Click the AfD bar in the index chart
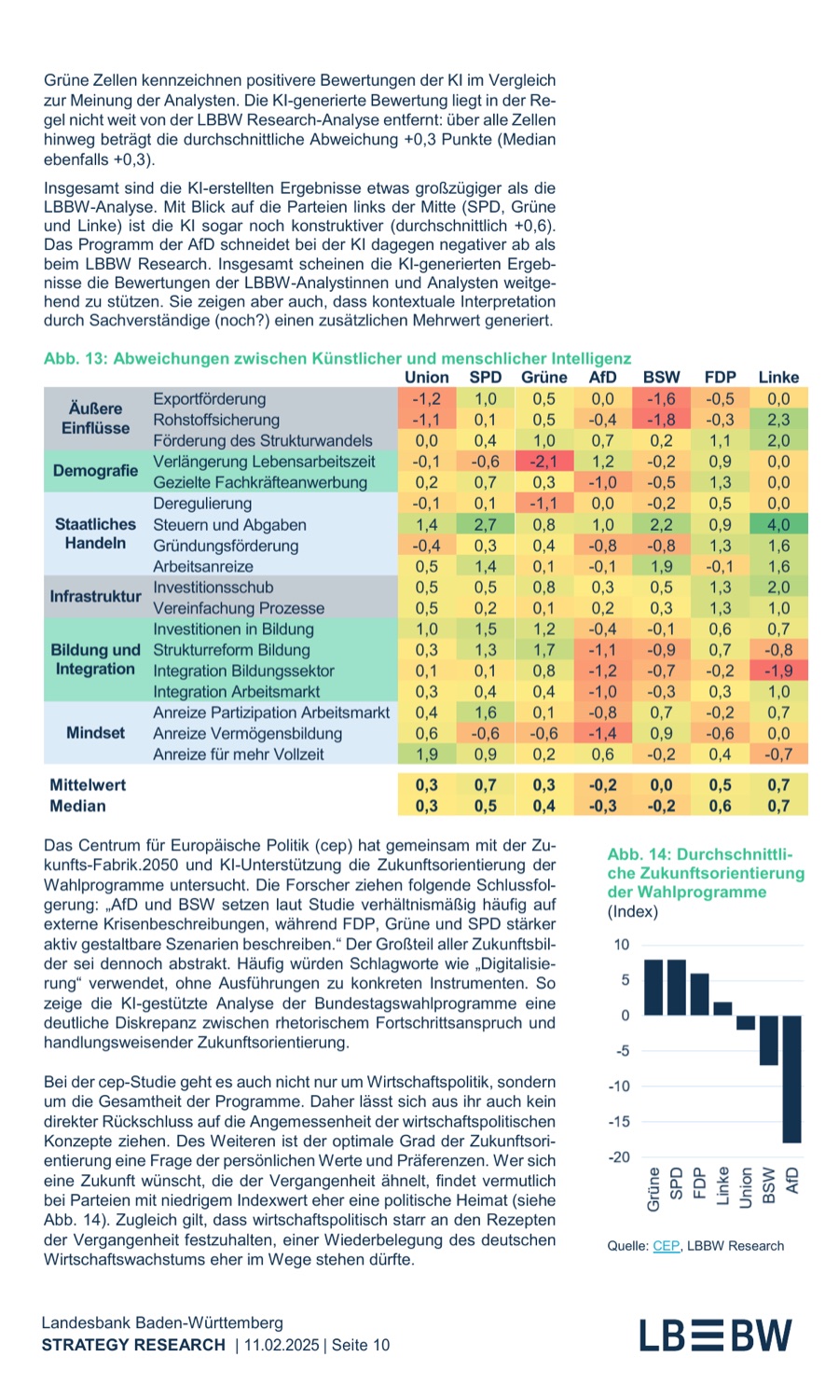791,1079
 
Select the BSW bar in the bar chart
768,1040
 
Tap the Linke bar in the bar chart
722,1008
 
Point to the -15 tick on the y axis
619,1121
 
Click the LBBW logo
715,1336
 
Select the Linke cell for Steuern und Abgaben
778,524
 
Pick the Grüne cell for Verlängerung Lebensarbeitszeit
543,462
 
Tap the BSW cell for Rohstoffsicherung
661,420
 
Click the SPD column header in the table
485,377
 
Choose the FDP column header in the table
720,377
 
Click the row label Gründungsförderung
226,546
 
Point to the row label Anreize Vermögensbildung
247,733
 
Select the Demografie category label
95,471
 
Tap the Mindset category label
95,733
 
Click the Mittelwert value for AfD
602,784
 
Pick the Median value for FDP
720,806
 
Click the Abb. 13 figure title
337,358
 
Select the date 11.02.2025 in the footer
282,1345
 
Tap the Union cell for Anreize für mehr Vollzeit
426,754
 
